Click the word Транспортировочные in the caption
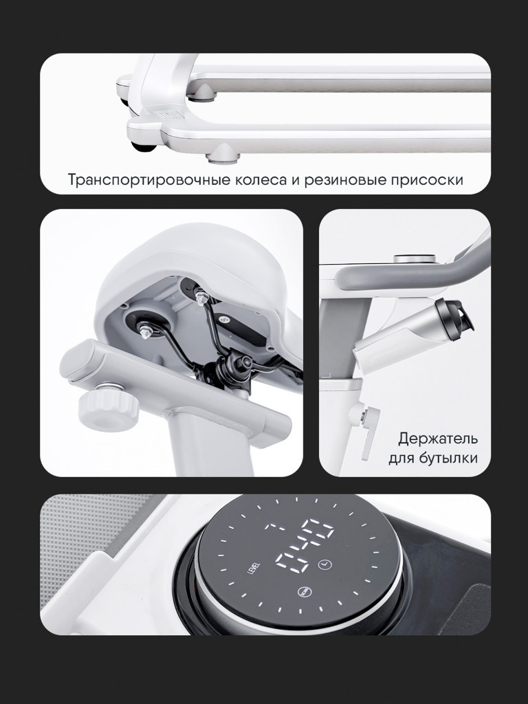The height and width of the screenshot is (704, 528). point(149,180)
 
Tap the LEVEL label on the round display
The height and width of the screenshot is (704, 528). point(251,569)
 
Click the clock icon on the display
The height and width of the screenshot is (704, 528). point(324,564)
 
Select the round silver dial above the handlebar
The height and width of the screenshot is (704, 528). point(415,259)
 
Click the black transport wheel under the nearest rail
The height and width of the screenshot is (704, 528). point(144,147)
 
